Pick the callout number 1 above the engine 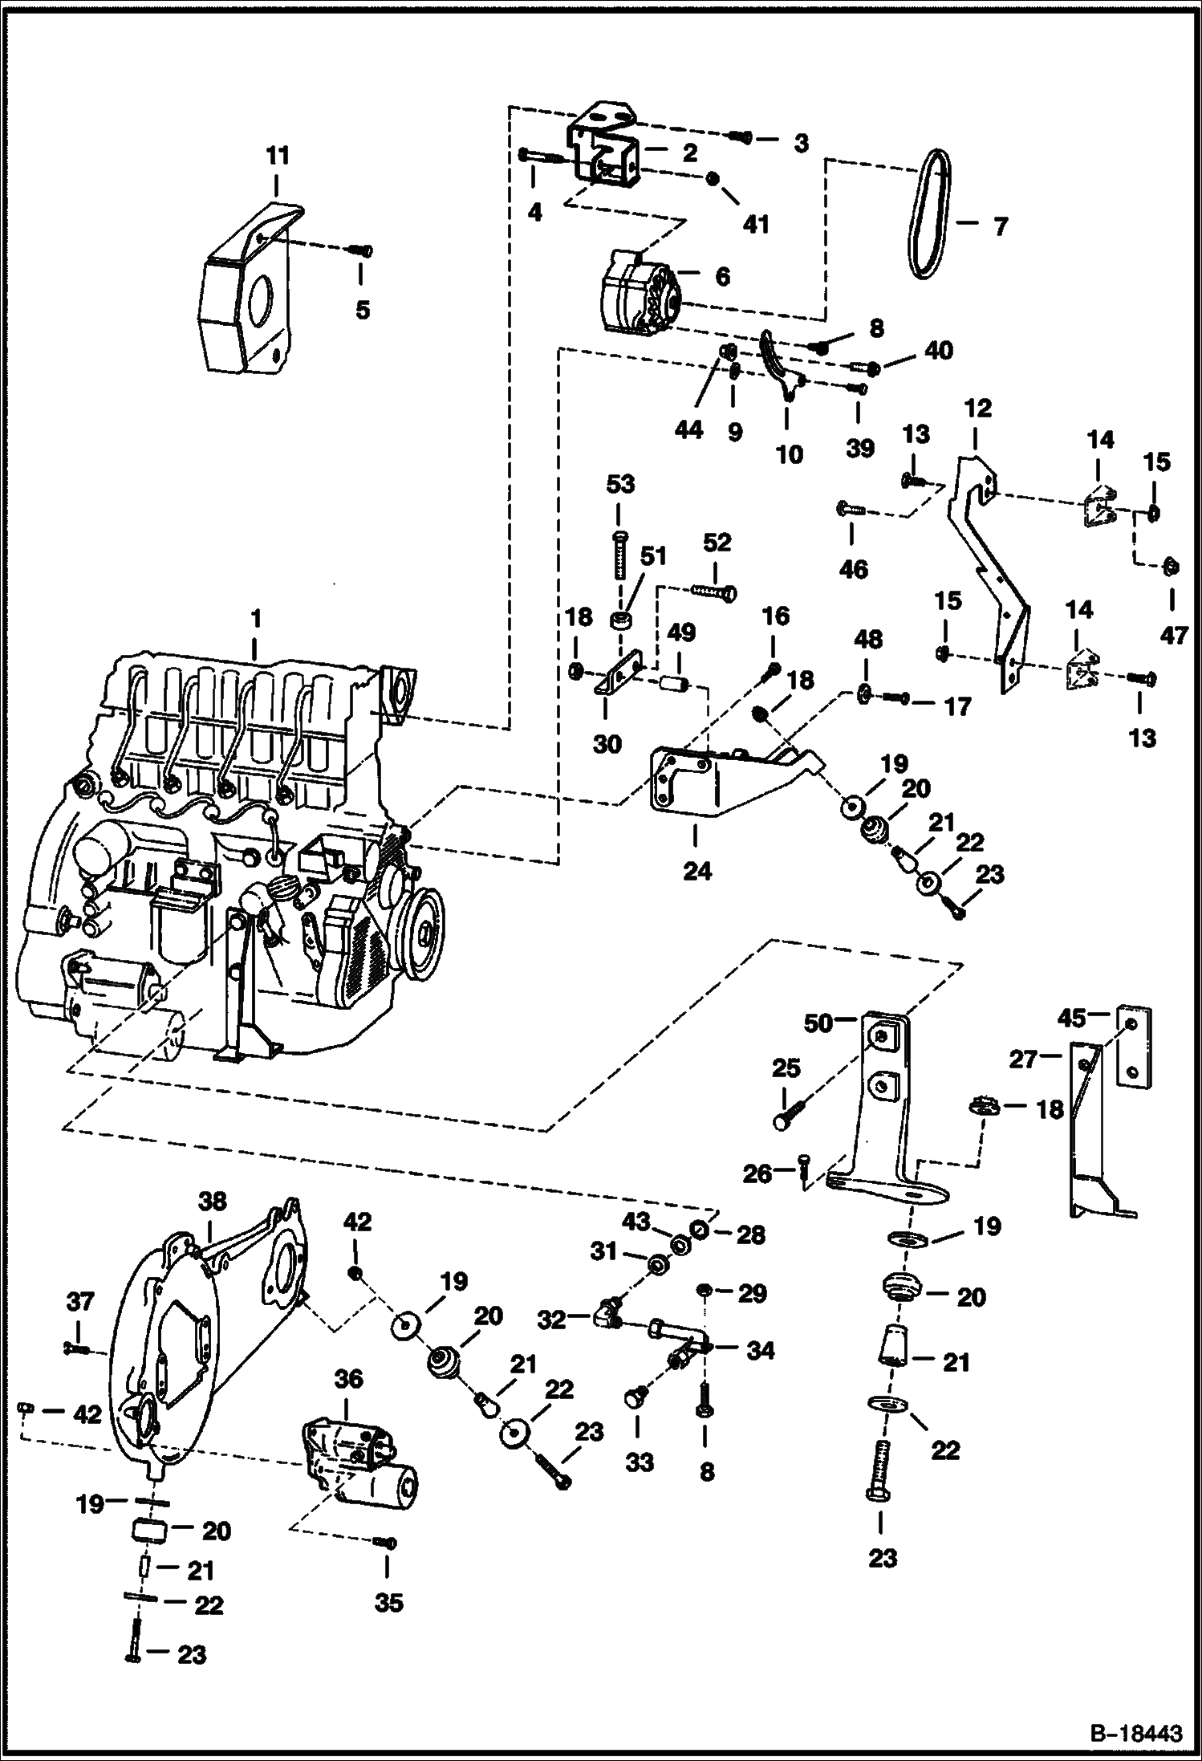[x=255, y=620]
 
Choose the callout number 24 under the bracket [x=696, y=870]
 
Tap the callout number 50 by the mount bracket [x=818, y=1024]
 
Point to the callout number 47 [x=1173, y=636]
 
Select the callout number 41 [x=755, y=224]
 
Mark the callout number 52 [x=717, y=543]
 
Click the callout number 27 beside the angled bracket [x=1024, y=1059]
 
